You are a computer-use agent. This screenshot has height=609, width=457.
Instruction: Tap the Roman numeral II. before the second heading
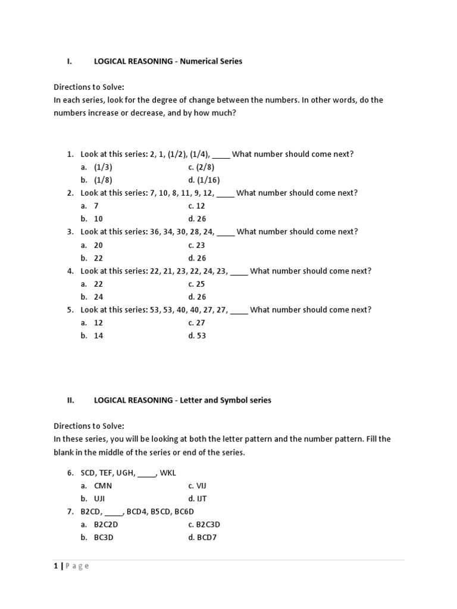[70, 400]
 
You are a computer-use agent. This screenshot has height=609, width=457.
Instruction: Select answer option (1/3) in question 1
[103, 167]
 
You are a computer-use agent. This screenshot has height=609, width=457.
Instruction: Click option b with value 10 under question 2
[98, 219]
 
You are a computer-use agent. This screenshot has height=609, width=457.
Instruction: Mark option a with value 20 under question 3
[98, 245]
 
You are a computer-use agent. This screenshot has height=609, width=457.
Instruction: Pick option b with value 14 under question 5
[98, 335]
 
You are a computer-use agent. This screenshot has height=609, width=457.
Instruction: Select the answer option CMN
[103, 485]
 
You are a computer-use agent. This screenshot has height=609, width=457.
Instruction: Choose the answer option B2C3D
[204, 525]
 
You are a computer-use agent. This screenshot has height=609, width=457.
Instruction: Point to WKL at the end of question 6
[168, 473]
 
